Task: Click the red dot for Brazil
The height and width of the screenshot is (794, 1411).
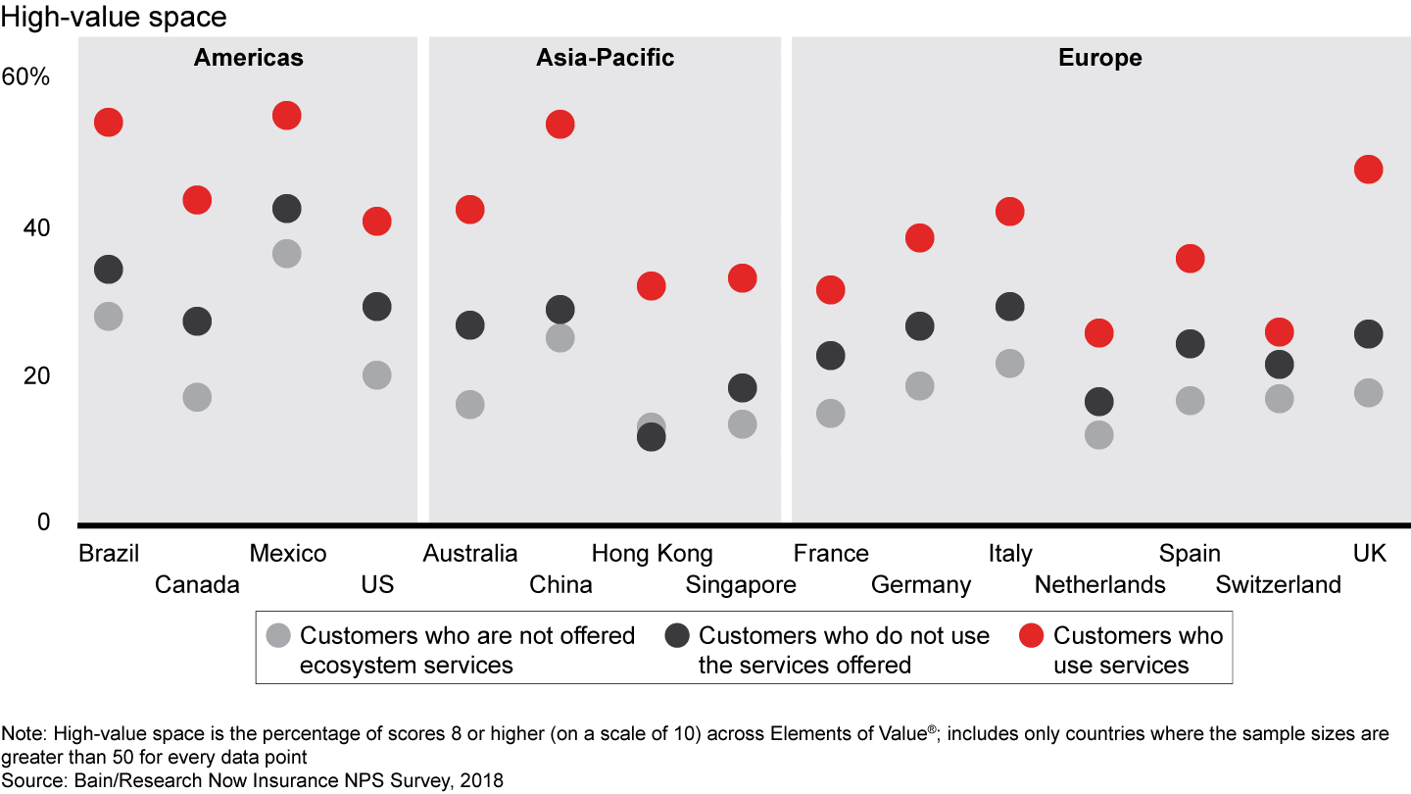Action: click(108, 123)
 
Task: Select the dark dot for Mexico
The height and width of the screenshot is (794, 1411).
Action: click(286, 209)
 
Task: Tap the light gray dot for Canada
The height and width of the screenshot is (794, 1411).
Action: click(197, 397)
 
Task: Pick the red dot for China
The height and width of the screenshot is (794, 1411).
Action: click(560, 124)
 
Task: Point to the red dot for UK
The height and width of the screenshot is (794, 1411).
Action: click(1368, 170)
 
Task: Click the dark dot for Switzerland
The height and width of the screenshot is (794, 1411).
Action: click(1279, 365)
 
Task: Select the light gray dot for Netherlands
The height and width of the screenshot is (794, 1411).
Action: click(1099, 434)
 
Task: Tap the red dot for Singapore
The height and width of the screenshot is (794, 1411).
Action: click(743, 278)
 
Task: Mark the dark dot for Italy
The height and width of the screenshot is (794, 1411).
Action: click(1009, 307)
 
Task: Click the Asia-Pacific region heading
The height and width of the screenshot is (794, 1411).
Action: click(605, 58)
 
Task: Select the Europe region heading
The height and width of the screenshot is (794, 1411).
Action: click(1099, 58)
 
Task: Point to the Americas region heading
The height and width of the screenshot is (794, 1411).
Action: click(248, 58)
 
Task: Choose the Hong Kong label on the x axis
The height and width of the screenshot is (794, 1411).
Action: click(652, 554)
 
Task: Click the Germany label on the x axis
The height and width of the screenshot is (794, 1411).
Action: click(920, 585)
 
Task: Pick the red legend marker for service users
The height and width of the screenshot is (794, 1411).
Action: click(1031, 635)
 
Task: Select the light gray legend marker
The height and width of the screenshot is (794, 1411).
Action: click(278, 635)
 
